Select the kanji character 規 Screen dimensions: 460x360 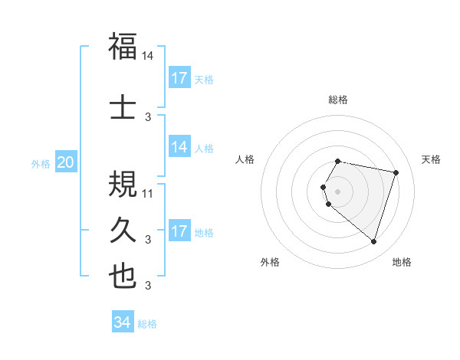(123, 184)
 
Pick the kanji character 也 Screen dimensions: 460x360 (123, 277)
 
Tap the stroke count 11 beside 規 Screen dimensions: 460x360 (149, 193)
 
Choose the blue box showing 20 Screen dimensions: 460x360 (66, 162)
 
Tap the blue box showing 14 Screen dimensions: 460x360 (179, 147)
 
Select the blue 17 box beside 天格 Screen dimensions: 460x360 (179, 78)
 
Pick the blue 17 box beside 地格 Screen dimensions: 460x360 (179, 231)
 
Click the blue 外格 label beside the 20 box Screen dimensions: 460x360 (41, 163)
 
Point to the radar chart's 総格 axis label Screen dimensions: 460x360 (338, 100)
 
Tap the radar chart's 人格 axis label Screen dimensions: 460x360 (245, 159)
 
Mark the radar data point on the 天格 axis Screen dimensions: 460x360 (396, 172)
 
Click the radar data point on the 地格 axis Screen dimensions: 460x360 (373, 242)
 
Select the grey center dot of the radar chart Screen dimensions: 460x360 (338, 191)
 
